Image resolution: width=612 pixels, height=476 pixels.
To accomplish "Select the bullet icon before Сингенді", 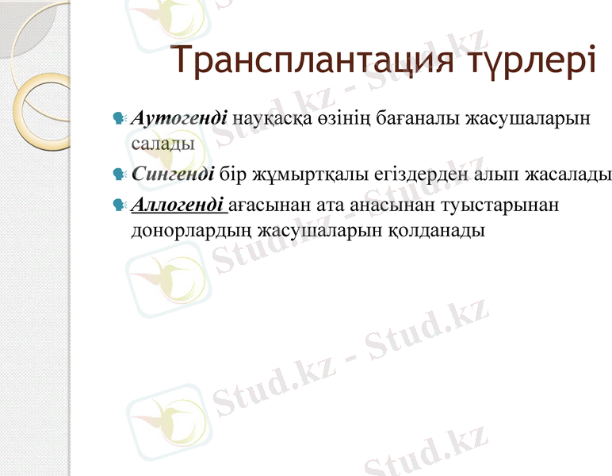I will click(120, 175).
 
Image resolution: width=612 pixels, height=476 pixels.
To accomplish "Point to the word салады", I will click(163, 144).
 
